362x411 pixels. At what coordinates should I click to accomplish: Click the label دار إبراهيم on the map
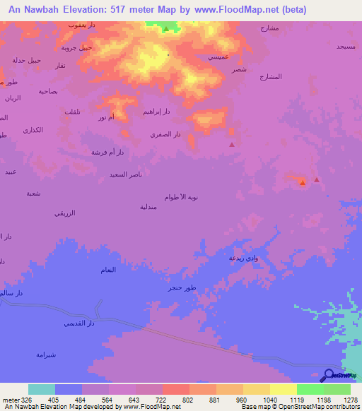156,112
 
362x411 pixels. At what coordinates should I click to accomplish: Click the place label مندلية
148,207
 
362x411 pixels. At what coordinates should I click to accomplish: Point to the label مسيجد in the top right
345,46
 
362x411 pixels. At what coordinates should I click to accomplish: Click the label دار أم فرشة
107,152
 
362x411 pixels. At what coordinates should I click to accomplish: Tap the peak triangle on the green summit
166,29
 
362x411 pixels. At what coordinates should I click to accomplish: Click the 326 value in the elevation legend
25,400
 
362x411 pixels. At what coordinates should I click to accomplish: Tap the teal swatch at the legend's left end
42,389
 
